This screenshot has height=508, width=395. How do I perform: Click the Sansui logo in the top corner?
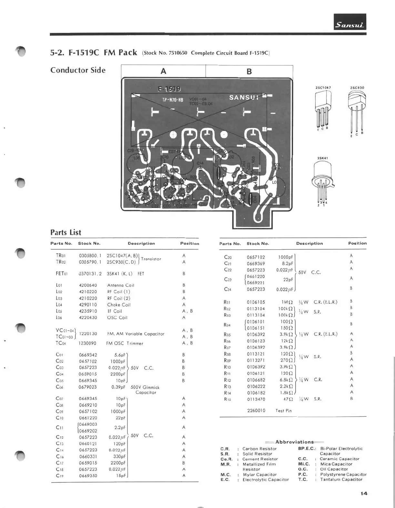tap(350, 22)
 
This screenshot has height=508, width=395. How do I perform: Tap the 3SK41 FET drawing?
tap(322, 181)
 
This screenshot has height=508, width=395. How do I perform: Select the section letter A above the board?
tap(163, 71)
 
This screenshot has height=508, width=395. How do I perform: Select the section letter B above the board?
tap(249, 72)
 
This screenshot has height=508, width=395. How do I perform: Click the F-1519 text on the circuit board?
tap(169, 89)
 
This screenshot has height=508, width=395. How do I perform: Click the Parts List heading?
tap(66, 232)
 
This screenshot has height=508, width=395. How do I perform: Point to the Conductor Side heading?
tap(78, 70)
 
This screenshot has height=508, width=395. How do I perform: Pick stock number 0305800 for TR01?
tap(90, 256)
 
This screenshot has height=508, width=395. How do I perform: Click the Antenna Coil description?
tap(121, 285)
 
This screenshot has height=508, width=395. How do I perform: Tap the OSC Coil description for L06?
tap(117, 318)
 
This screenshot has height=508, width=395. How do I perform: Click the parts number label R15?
tap(227, 399)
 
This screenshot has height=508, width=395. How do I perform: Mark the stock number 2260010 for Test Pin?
tap(256, 411)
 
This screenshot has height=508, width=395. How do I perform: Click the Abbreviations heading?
tap(294, 442)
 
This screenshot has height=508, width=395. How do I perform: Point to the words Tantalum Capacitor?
tap(341, 480)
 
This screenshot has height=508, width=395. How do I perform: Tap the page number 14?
tap(364, 493)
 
